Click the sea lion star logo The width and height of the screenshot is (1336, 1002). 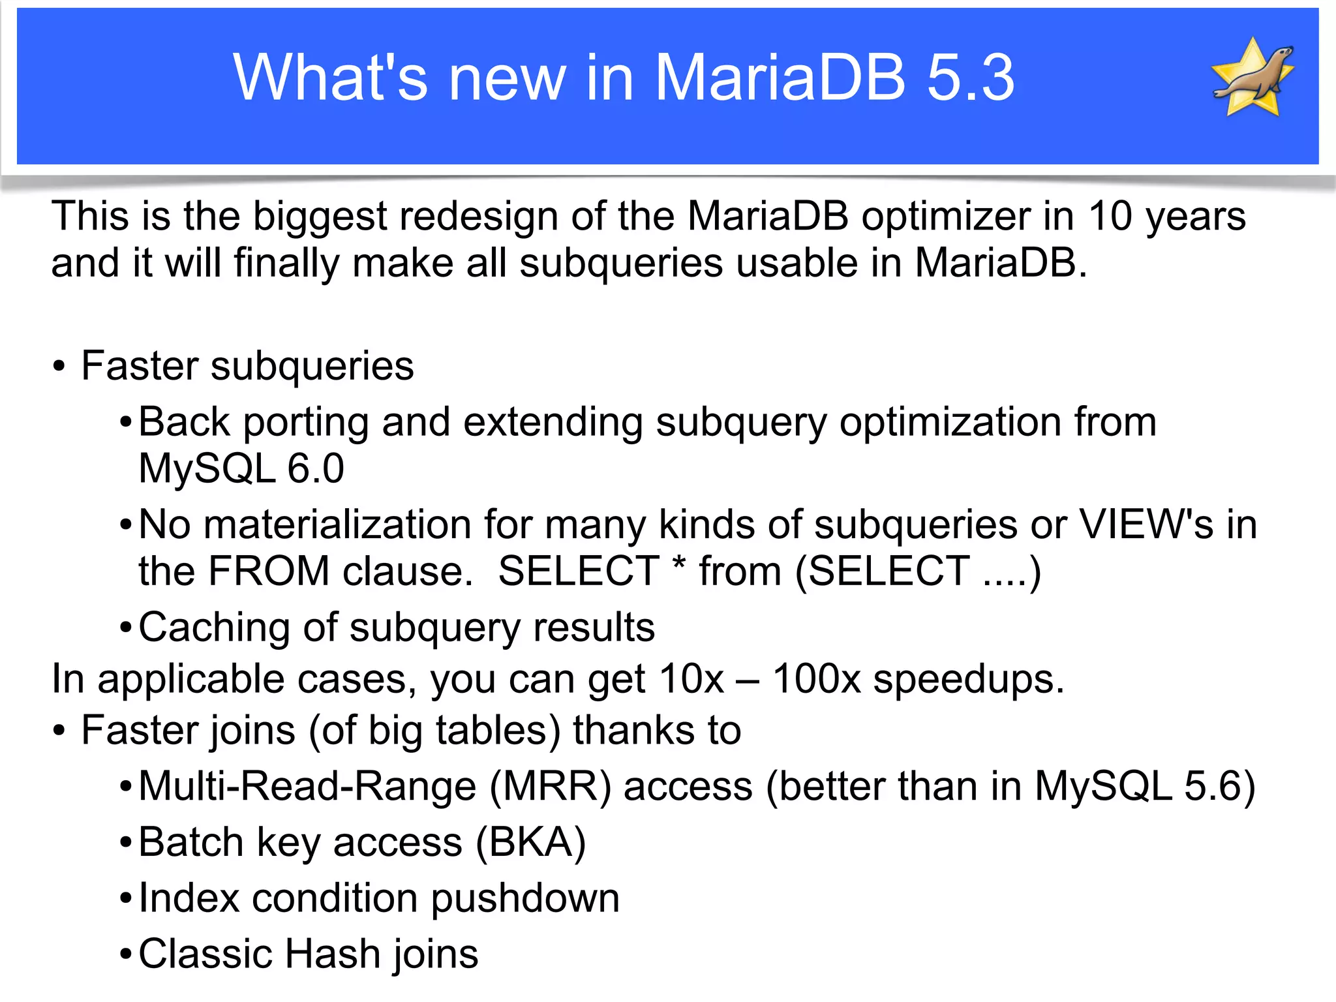1252,77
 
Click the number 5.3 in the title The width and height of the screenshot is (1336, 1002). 971,78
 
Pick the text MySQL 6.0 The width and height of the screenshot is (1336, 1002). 241,468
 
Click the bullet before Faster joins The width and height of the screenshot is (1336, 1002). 59,731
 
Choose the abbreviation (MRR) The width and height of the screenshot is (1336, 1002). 551,786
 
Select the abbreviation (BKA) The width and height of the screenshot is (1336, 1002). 531,842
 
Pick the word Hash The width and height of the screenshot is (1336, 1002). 333,954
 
